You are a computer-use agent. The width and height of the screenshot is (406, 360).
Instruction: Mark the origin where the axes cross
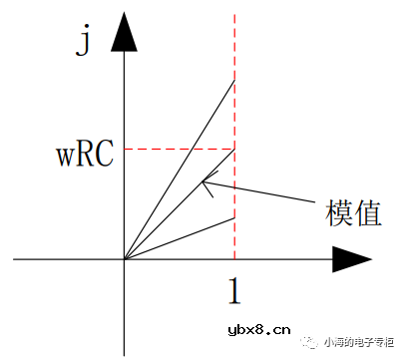pyautogui.click(x=124, y=259)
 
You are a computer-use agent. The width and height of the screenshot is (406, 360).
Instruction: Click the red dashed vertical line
pyautogui.click(x=234, y=50)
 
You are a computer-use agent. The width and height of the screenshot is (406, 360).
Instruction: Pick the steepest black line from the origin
pyautogui.click(x=180, y=169)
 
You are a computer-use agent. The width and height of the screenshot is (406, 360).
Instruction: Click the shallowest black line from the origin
pyautogui.click(x=180, y=238)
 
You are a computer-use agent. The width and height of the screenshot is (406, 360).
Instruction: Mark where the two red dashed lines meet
pyautogui.click(x=234, y=150)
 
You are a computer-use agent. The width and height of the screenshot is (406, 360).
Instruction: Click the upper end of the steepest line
pyautogui.click(x=234, y=79)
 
